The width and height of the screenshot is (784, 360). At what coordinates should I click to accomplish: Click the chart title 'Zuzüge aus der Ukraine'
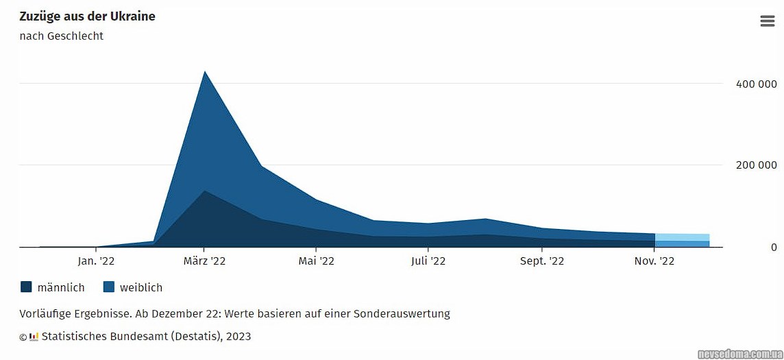coord(87,16)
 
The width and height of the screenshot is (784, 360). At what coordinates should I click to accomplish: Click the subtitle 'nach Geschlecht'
coord(61,36)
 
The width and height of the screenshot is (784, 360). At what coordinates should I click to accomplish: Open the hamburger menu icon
coord(768,21)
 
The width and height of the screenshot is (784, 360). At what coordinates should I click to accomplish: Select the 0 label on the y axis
coord(773,247)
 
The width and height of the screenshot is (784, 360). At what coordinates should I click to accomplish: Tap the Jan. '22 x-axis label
coord(96,261)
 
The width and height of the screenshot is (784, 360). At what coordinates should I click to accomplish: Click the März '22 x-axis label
coord(204,261)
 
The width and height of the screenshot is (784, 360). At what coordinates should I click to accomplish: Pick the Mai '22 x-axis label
coord(316,261)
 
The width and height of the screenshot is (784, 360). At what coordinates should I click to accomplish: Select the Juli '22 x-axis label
coord(428,261)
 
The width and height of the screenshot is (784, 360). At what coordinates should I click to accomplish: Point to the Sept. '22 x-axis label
coord(542,261)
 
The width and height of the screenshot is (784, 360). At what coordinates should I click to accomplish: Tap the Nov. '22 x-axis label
coord(654,261)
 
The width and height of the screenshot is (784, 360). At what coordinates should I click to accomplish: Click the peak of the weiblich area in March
coord(204,73)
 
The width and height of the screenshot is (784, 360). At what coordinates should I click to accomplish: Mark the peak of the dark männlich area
coord(204,192)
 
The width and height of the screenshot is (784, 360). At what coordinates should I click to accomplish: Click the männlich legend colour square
coord(26,287)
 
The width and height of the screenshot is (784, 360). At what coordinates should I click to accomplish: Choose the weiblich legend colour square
coord(108,287)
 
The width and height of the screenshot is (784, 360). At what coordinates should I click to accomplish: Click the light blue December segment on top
coord(682,237)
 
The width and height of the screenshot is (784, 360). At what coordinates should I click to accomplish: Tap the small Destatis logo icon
coord(34,337)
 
